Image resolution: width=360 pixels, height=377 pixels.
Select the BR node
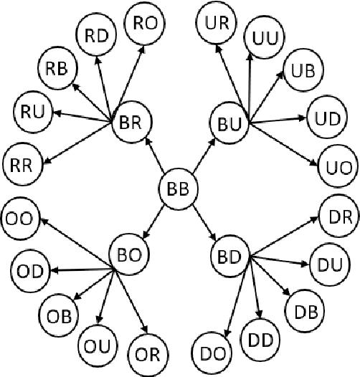click(131, 124)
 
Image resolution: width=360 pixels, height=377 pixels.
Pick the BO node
click(128, 254)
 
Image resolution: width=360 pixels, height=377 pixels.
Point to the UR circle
click(216, 23)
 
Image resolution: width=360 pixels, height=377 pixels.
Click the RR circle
click(22, 163)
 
